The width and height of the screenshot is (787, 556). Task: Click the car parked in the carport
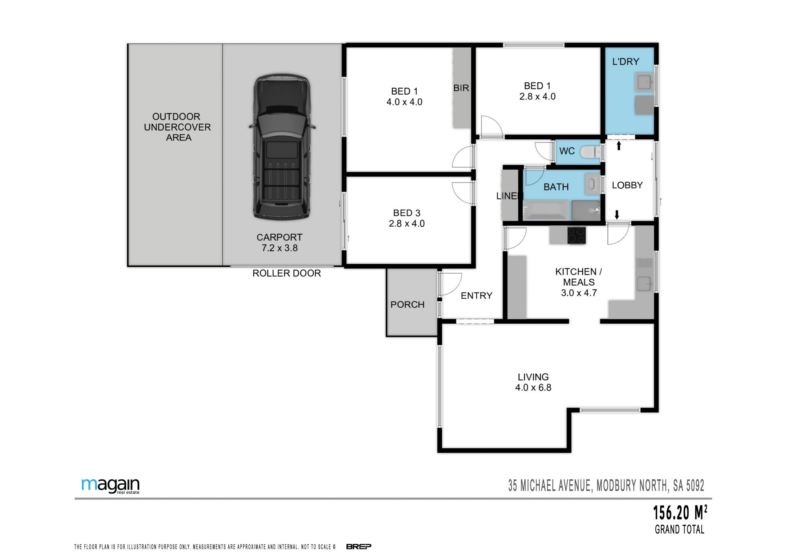tap(282, 147)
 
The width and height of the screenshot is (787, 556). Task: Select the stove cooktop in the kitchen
tap(576, 235)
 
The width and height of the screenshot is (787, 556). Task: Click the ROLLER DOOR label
tap(287, 273)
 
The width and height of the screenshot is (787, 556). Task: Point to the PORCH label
tap(407, 304)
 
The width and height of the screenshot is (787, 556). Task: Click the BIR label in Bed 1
tap(461, 88)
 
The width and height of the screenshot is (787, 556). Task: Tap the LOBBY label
tap(627, 185)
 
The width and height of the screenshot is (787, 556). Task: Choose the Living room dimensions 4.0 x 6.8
tap(533, 388)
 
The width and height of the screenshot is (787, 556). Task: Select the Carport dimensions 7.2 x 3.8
tap(280, 248)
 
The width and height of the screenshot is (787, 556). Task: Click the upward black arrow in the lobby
tap(619, 145)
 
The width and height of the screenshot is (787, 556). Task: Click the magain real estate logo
tap(111, 486)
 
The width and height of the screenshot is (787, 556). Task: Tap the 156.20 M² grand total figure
tap(680, 512)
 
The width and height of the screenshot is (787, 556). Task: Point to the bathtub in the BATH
tap(546, 211)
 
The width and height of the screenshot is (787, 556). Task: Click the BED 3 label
tap(407, 213)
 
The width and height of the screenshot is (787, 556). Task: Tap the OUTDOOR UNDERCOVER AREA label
tap(177, 127)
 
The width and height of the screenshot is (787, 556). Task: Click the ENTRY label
tap(476, 296)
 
